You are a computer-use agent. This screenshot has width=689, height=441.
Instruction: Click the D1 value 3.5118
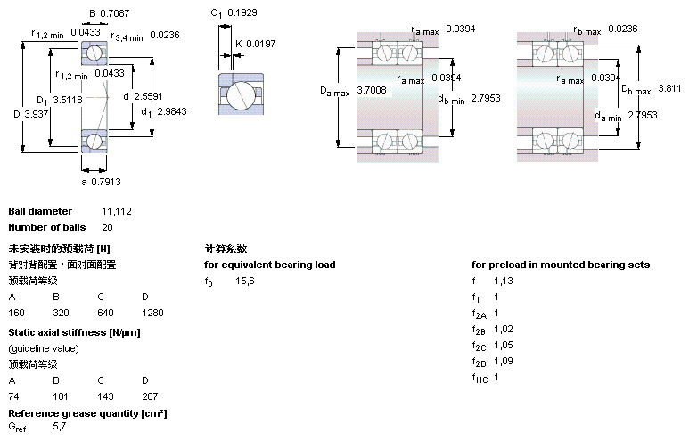click(x=68, y=100)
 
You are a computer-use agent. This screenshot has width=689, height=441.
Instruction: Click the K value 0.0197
click(x=261, y=44)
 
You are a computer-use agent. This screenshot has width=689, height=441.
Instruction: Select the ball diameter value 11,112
click(x=117, y=211)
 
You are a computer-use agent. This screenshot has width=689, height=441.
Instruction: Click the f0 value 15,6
click(x=244, y=281)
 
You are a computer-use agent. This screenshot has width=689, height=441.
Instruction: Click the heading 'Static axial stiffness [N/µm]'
click(x=74, y=332)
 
